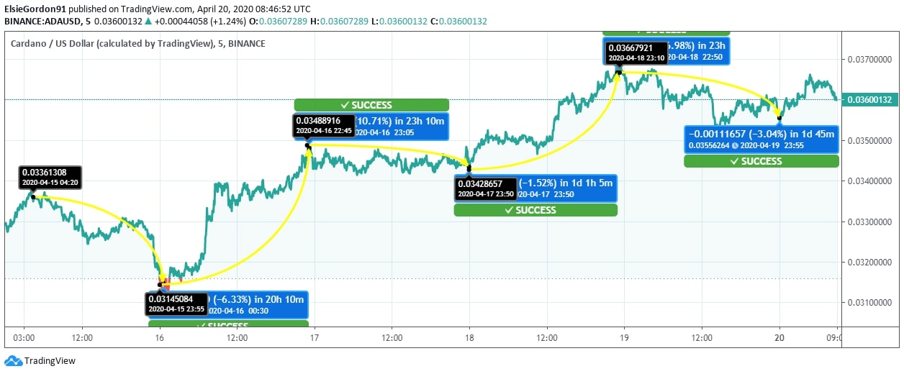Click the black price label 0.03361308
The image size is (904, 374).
tap(50, 177)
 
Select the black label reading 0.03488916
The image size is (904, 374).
tap(323, 125)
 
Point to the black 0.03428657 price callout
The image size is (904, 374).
tap(486, 188)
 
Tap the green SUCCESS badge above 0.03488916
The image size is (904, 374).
tap(371, 105)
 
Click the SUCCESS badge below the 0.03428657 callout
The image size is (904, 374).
tap(535, 210)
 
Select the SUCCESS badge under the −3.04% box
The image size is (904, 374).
tap(761, 161)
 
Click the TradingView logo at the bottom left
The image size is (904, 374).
tap(40, 361)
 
